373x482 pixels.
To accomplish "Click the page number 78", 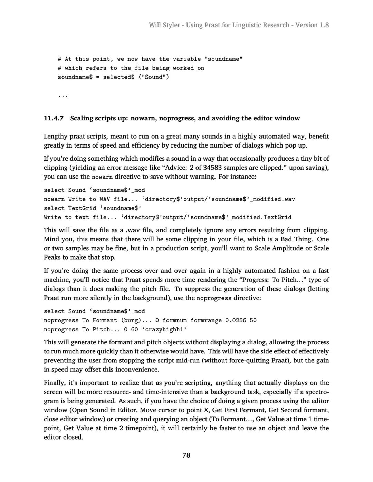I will point(186,455).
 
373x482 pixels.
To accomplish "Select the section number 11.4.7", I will point(54,118).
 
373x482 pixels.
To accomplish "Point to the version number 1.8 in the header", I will point(324,25).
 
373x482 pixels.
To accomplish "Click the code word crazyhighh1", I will point(166,329).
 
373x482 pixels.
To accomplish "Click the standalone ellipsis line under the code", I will point(63,96).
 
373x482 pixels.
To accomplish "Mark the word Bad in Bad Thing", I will point(290,239).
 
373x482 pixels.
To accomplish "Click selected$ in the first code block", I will point(118,77).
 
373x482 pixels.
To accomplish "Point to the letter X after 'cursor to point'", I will point(202,410).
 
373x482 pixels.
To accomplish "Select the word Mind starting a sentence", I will point(51,239).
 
